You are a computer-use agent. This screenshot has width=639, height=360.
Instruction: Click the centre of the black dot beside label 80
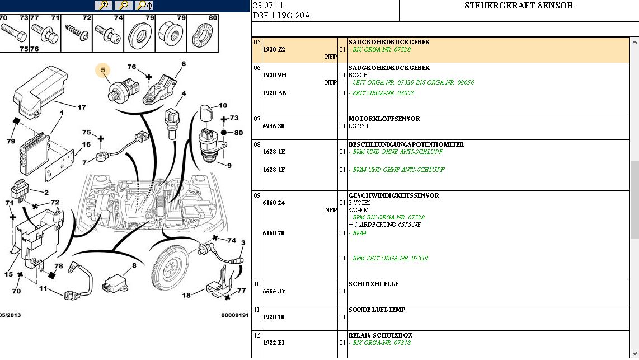[x=224, y=133]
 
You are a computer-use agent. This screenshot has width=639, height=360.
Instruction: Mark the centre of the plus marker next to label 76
[x=149, y=77]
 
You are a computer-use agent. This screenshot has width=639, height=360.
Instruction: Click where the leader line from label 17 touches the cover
[x=54, y=101]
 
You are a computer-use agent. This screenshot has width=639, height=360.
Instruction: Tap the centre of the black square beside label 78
[x=51, y=275]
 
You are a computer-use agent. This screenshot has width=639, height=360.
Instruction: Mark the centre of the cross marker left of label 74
[x=215, y=238]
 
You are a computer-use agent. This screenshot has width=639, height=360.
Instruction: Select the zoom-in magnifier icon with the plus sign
[x=104, y=5]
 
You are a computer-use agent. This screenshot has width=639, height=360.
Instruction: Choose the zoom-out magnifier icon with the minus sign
[x=124, y=5]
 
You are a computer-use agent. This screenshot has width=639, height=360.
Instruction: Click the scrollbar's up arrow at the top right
[x=635, y=42]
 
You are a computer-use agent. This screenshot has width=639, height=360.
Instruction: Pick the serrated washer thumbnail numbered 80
[x=203, y=36]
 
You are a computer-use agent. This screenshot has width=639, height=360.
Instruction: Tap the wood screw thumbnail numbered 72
[x=77, y=32]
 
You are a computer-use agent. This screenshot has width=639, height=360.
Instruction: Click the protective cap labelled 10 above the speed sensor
[x=206, y=113]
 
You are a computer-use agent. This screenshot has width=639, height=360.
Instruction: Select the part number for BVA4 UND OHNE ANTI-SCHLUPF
[x=274, y=170]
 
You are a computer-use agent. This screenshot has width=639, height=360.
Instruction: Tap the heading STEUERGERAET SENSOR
[x=519, y=6]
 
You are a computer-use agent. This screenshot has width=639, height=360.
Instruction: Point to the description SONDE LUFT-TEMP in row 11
[x=377, y=310]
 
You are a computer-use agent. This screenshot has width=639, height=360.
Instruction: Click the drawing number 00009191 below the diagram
[x=235, y=315]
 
